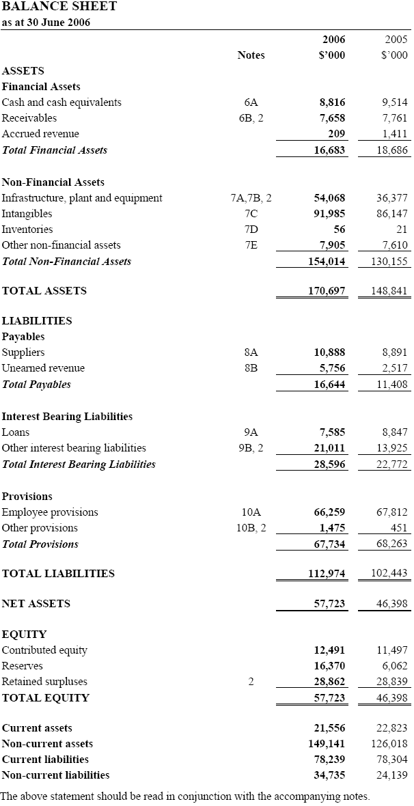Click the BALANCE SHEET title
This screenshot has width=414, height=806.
[x=59, y=7]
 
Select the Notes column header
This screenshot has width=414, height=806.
[x=251, y=55]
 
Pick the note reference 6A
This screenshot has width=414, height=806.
[x=251, y=102]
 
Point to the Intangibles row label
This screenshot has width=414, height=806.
[x=27, y=214]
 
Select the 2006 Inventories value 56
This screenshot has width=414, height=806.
[x=339, y=230]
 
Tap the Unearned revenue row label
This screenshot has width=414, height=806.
[x=44, y=368]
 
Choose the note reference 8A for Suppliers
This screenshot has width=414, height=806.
[x=251, y=352]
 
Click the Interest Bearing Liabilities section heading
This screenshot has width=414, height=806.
[x=68, y=417]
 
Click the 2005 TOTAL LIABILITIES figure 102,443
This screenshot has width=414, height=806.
[x=389, y=574]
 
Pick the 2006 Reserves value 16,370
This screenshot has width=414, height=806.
[x=329, y=666]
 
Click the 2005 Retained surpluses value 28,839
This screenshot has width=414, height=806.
[x=391, y=682]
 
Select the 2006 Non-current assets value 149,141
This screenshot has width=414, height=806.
[x=327, y=744]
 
